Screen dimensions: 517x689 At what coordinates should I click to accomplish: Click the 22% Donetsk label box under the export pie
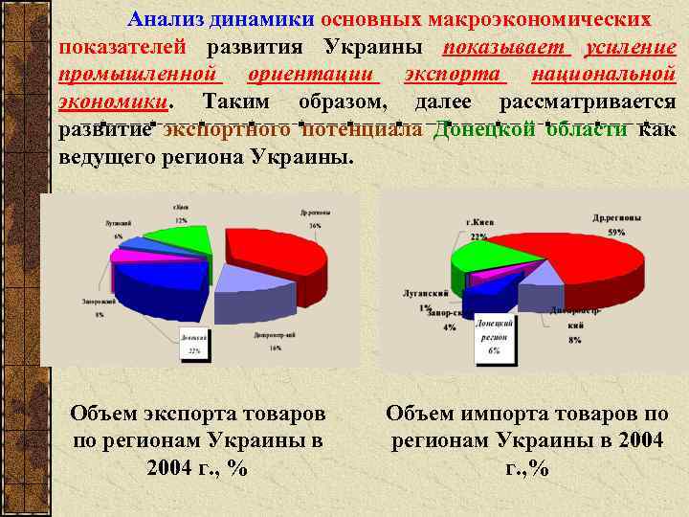[194, 344]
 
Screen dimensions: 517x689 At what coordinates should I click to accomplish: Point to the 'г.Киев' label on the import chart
[479, 222]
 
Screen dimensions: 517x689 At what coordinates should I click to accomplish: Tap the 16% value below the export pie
[275, 348]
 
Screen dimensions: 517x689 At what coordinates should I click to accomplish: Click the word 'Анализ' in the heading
[162, 19]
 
